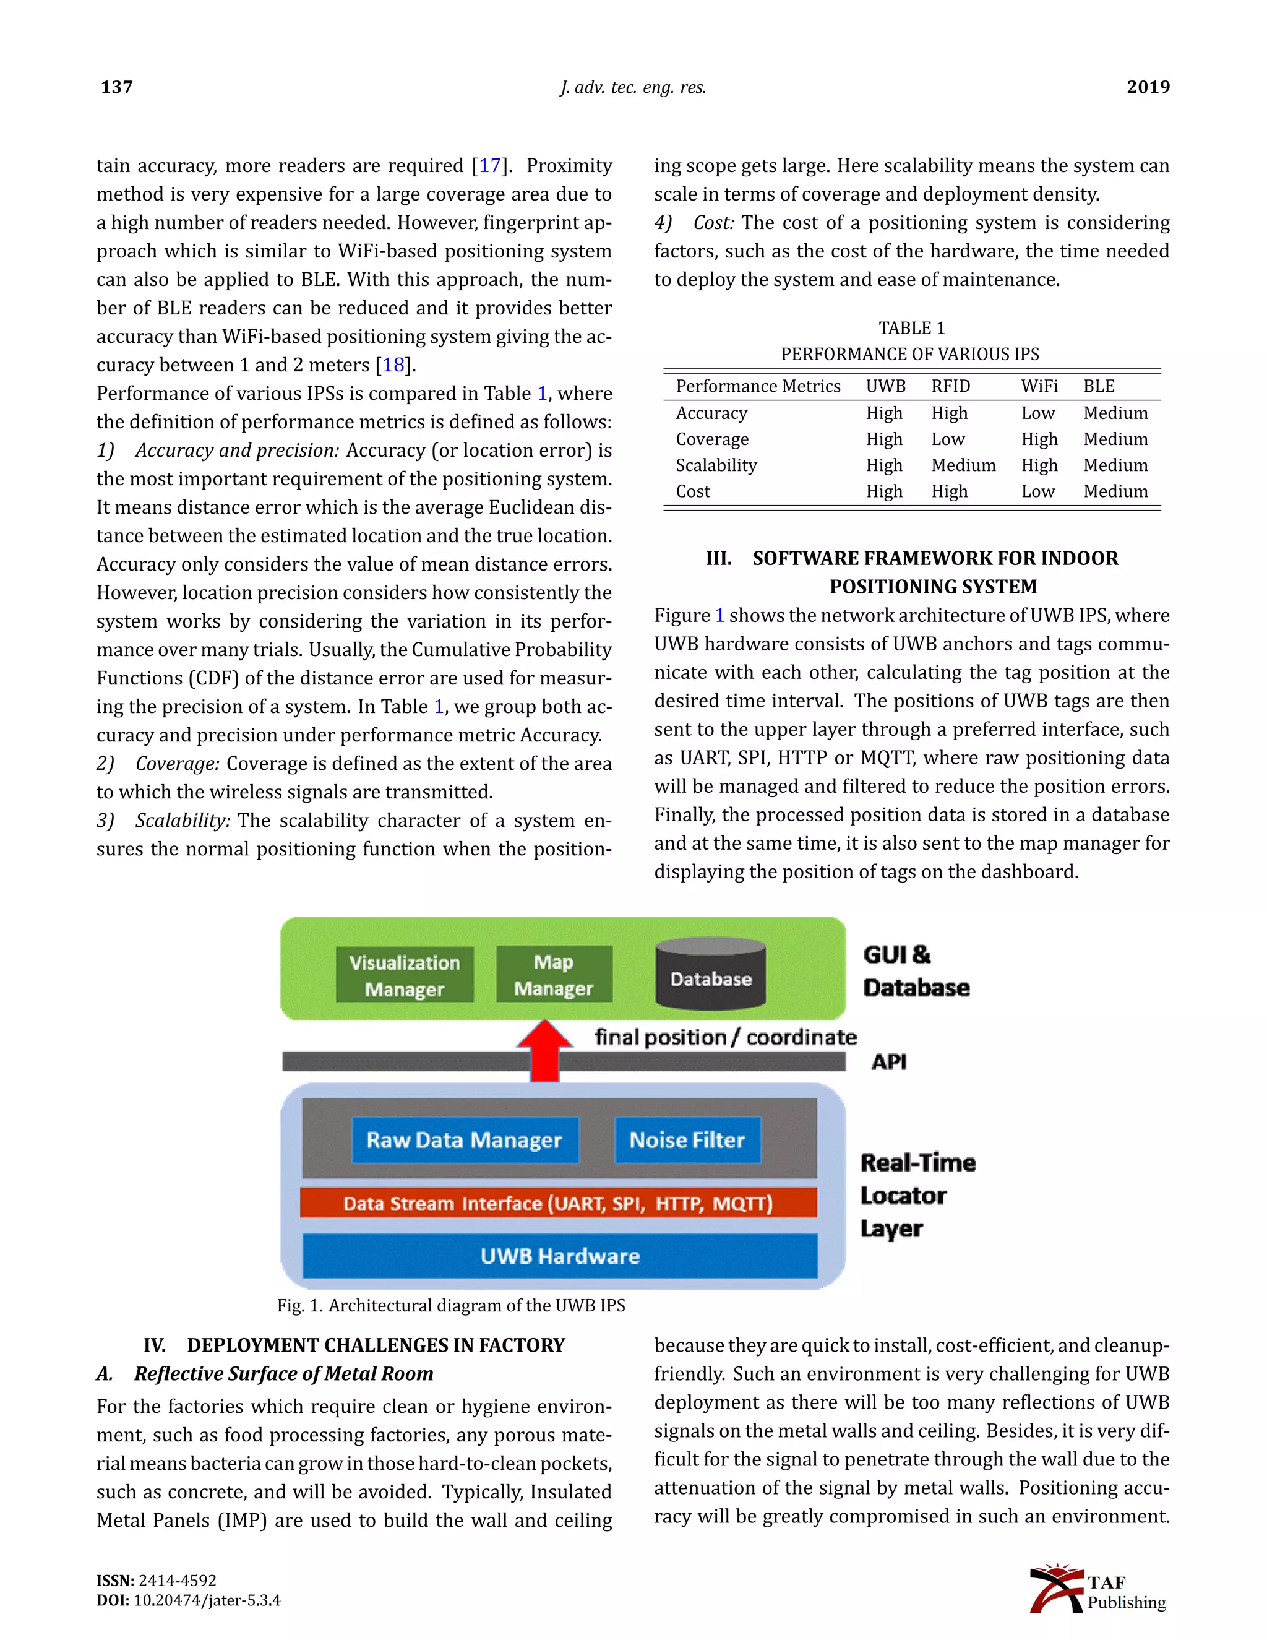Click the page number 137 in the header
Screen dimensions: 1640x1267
116,87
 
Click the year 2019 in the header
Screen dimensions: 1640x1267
1148,87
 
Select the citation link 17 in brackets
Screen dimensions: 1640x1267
489,165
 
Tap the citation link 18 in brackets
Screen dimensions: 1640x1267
393,365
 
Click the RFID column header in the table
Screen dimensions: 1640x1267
950,386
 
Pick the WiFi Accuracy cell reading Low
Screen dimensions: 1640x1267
1037,413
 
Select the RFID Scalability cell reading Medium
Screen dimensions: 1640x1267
963,465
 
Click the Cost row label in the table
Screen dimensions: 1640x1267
692,491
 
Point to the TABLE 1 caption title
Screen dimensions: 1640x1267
911,328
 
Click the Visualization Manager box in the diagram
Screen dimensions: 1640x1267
405,975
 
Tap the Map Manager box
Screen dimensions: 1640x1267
554,975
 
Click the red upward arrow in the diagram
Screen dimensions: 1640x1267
545,1050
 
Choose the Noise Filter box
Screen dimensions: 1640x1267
687,1140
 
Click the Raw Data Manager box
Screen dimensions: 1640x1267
465,1140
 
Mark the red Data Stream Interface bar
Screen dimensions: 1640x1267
557,1203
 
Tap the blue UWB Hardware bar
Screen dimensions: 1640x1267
559,1256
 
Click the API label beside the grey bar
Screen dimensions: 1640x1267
889,1062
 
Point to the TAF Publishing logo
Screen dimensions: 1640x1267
1097,1590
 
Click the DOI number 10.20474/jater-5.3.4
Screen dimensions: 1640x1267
207,1600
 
